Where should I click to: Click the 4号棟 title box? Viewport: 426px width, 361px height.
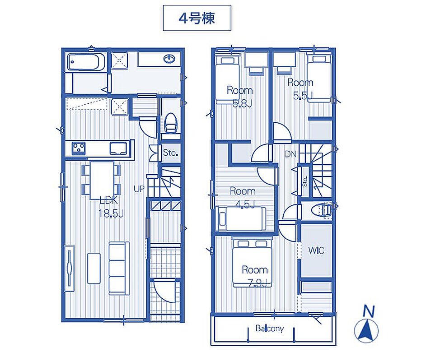[x=197, y=18]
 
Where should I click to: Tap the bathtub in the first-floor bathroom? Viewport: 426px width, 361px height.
[x=86, y=62]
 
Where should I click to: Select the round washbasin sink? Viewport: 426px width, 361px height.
[x=169, y=58]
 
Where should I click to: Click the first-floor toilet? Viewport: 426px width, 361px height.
[x=171, y=123]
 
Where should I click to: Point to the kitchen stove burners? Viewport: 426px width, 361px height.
[x=79, y=148]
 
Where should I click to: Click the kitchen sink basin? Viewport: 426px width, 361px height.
[x=118, y=148]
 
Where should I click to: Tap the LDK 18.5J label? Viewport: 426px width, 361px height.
[x=111, y=208]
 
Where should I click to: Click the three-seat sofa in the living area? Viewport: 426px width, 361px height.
[x=119, y=268]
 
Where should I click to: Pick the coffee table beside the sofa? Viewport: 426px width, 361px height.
[x=94, y=268]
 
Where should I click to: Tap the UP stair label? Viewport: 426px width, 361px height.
[x=139, y=189]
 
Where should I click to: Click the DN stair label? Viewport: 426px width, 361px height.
[x=290, y=154]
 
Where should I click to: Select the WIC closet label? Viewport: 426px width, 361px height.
[x=316, y=250]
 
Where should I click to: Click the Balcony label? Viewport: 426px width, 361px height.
[x=270, y=329]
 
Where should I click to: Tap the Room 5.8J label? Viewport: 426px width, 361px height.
[x=239, y=97]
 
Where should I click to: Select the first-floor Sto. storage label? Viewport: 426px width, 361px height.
[x=171, y=153]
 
